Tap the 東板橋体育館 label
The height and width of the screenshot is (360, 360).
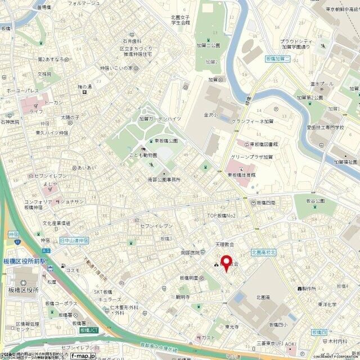click(241, 174)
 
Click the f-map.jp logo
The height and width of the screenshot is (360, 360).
click(83, 355)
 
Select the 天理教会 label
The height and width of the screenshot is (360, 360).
click(224, 245)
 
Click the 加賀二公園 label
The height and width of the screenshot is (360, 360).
click(208, 44)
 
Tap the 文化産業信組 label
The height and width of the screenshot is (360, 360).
click(56, 223)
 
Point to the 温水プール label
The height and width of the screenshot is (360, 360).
click(322, 84)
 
